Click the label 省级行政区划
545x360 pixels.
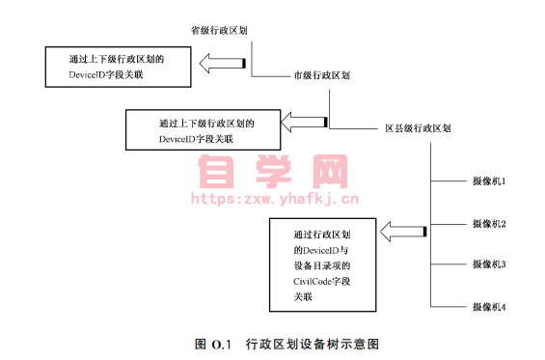219,29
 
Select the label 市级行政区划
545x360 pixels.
321,74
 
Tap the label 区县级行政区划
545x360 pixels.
419,128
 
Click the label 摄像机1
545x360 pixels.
489,180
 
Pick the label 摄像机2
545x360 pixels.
489,223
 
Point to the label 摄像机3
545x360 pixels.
489,263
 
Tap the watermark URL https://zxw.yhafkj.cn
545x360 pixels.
275,201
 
